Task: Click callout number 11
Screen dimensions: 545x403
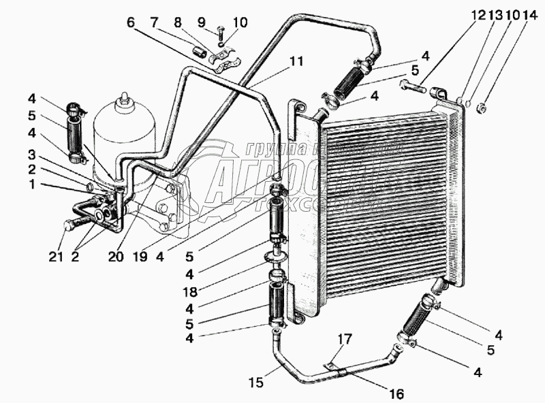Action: coord(294,61)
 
